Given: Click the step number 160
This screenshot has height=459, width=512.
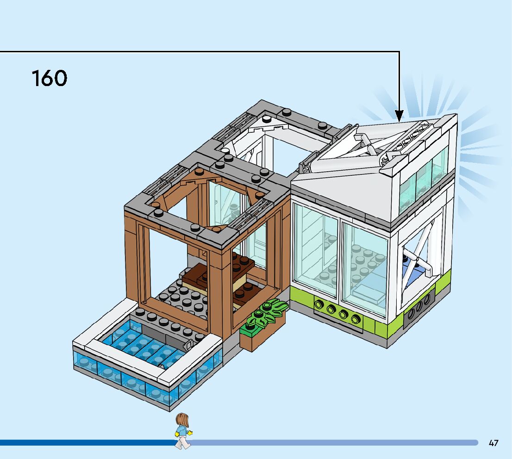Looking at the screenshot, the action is [x=49, y=78].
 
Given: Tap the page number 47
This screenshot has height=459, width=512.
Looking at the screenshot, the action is [x=493, y=443].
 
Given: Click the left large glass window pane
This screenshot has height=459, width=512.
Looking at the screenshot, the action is [x=317, y=250].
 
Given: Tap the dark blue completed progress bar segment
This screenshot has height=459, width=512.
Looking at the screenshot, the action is [x=83, y=443].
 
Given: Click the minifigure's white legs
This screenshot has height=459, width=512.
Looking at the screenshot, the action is [x=183, y=442].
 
